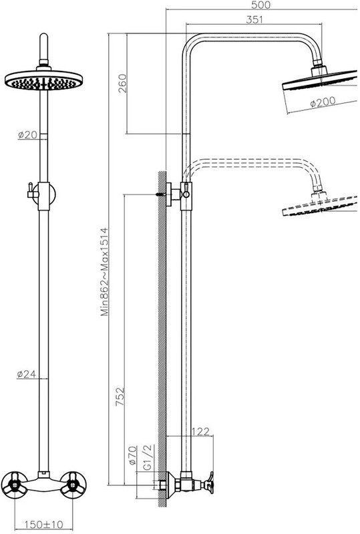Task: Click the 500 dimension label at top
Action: click(x=261, y=5)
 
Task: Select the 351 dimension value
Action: click(x=254, y=19)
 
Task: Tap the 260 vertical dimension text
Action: click(x=122, y=84)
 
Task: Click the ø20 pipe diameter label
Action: click(x=27, y=135)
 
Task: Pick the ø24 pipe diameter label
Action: click(x=27, y=374)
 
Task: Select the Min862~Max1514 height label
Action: click(x=104, y=272)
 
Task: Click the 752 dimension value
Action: click(x=120, y=396)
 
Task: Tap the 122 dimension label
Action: click(x=201, y=432)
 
